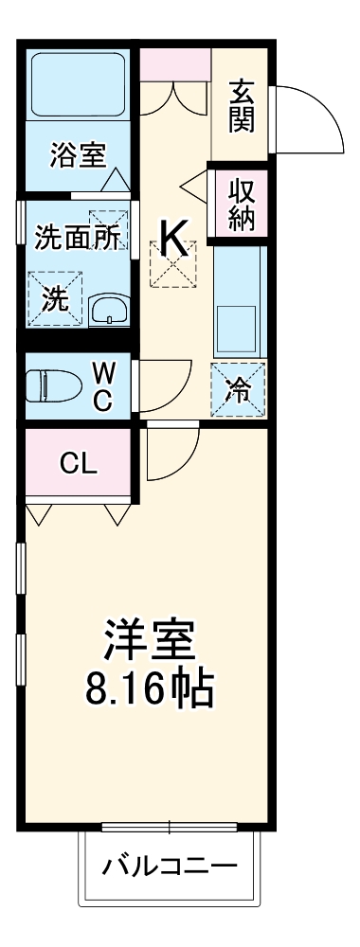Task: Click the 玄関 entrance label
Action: tap(242, 106)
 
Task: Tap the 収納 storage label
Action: tap(241, 201)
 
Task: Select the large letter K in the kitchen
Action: tap(172, 239)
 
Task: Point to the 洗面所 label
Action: tap(77, 238)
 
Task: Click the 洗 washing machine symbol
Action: tap(55, 298)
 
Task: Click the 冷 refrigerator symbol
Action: tap(239, 389)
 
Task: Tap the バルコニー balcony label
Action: tap(170, 866)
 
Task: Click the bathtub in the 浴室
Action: tap(80, 86)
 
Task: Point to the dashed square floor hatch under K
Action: tap(172, 264)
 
